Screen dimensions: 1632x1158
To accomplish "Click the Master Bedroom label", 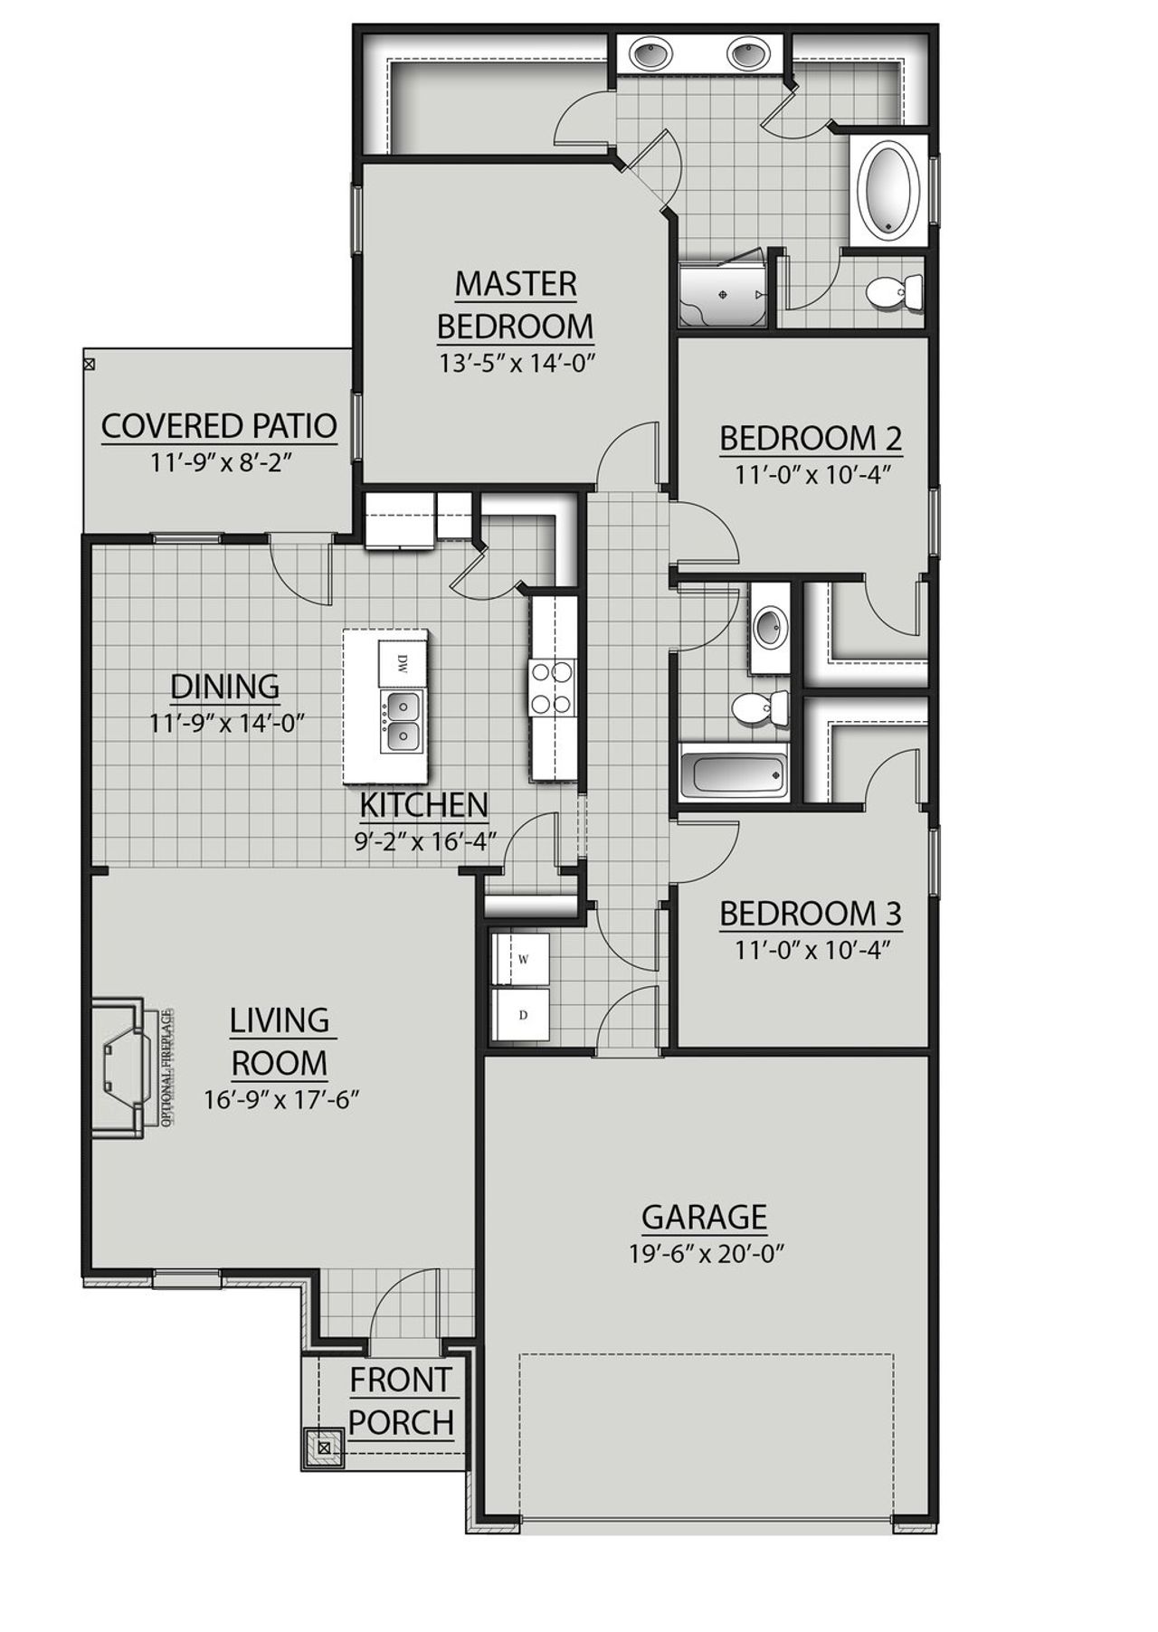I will [515, 304].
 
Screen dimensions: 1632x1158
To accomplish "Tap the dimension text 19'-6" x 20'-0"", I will [706, 1254].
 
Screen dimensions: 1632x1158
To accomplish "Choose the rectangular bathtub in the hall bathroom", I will [731, 775].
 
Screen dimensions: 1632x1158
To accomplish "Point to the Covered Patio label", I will [219, 425].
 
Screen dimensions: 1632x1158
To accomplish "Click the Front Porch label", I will [401, 1401].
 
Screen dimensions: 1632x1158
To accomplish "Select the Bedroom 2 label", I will [811, 439].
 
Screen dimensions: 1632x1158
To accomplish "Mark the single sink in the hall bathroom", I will [770, 627].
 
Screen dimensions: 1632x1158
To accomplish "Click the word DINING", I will [225, 687].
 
